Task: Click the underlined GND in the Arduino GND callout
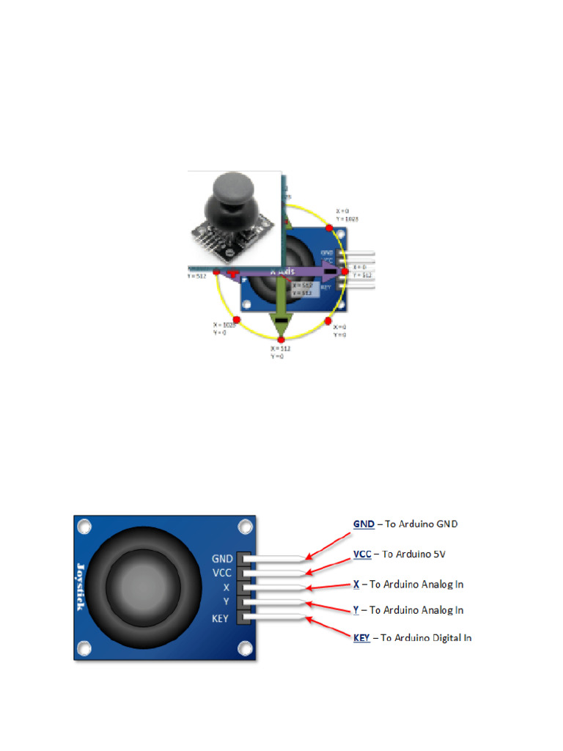click(364, 524)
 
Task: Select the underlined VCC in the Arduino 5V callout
click(363, 554)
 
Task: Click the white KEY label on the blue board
click(220, 618)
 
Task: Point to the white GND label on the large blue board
click(221, 558)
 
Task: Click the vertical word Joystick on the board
click(81, 587)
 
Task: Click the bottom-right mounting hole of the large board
click(243, 648)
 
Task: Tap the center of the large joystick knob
click(144, 586)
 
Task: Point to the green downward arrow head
click(281, 323)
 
